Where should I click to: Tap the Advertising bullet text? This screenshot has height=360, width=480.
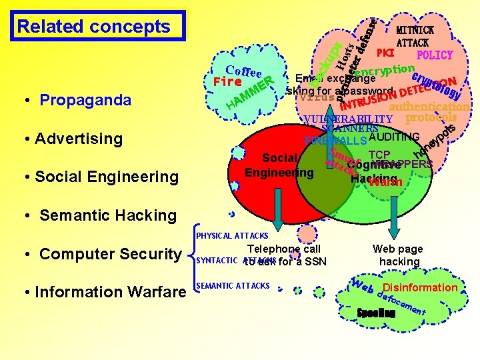[x=78, y=139]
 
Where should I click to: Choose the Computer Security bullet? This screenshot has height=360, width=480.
[x=110, y=254]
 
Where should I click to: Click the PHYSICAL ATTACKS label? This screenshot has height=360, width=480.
[x=232, y=236]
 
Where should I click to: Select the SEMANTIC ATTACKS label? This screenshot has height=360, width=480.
[x=233, y=286]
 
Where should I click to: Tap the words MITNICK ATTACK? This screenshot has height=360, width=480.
[x=415, y=36]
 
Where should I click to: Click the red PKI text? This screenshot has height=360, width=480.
[x=386, y=53]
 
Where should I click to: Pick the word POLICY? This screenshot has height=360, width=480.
[x=435, y=55]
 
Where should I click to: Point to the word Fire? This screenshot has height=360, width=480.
[x=227, y=83]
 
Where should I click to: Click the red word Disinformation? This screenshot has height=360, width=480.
[x=420, y=287]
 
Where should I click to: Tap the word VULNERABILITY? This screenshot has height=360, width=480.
[x=347, y=119]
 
